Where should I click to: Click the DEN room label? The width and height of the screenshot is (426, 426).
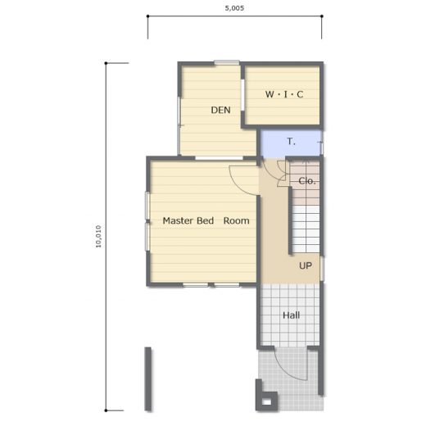pos(220,110)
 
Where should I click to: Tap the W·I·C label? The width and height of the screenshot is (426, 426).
pos(284,94)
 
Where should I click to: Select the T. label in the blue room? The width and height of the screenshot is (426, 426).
pos(292,142)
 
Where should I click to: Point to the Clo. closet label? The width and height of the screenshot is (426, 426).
pos(307,181)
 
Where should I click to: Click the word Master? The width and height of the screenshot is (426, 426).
pos(179,220)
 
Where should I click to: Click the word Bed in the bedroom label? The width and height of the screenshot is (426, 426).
pos(206,220)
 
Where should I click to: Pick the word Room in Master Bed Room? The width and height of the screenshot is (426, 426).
pos(236,220)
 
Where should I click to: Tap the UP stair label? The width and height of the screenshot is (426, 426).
pos(306,265)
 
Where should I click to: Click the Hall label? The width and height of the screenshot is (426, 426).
pos(291,315)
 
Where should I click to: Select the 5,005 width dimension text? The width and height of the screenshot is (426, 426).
pos(234,8)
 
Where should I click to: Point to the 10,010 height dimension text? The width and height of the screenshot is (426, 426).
pos(98,237)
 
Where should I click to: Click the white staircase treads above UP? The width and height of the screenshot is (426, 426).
pos(306,229)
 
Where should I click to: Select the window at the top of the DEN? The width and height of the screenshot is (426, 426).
pos(227,62)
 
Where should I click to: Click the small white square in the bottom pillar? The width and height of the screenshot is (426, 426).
pos(267,402)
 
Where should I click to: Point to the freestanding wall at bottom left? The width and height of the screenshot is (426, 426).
pos(147,378)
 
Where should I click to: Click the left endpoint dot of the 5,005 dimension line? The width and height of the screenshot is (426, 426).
pos(147,16)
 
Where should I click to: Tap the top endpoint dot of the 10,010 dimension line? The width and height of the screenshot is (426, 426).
pos(106,63)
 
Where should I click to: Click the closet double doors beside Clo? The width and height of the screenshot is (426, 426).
pos(283,174)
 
